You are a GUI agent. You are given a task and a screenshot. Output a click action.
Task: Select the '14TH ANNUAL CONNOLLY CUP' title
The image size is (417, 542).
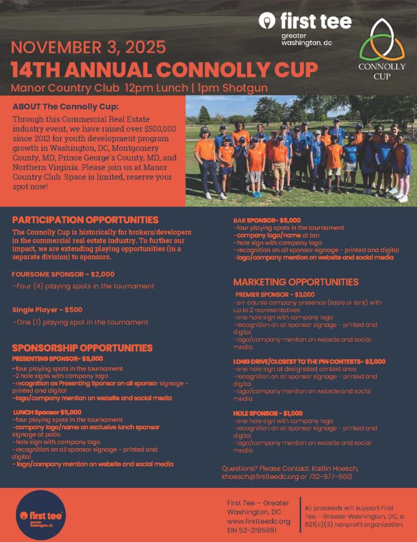pos(164,69)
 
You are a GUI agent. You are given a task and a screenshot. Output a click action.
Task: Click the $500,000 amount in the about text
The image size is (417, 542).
pos(157,129)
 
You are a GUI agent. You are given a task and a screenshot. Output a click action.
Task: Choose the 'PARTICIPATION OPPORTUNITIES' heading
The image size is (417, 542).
pos(85,220)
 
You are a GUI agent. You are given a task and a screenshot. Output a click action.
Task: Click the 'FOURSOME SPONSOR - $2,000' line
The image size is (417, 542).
pos(63,274)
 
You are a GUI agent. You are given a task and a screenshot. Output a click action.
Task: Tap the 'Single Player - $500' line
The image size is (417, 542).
pos(47,310)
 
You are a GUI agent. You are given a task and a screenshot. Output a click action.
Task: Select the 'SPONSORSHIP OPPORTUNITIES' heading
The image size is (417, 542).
pos(82,348)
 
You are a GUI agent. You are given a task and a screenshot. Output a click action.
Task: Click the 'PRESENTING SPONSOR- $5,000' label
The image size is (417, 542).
pos(57,358)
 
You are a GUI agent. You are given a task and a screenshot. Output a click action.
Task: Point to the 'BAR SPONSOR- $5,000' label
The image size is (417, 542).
pos(267,220)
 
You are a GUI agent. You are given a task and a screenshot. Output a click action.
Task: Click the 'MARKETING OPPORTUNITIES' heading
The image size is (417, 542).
pos(296,282)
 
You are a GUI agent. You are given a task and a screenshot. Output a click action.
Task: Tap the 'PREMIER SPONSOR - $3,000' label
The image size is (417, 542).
pos(275,294)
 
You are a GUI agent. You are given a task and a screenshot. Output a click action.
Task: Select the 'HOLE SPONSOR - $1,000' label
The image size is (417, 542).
pos(268,413)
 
